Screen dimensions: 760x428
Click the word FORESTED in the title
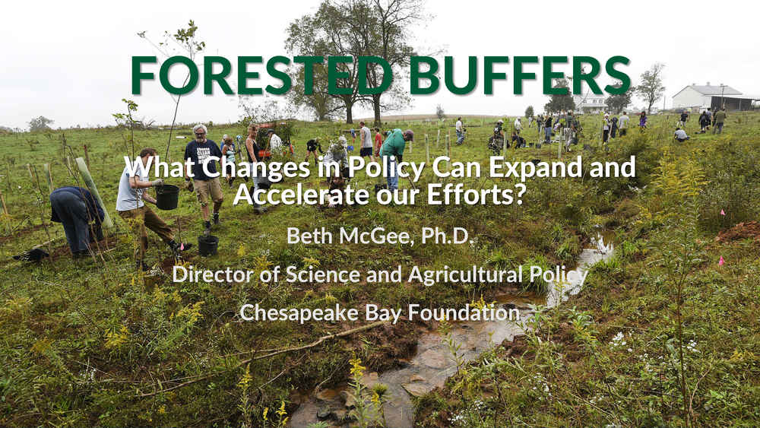tap(262, 75)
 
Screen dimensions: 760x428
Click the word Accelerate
tap(300, 194)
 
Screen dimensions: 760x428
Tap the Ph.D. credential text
tap(446, 236)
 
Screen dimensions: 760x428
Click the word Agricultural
tap(465, 275)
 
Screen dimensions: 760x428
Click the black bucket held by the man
tap(167, 197)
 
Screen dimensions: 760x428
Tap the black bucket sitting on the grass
tap(208, 246)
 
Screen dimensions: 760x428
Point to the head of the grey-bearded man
tap(200, 131)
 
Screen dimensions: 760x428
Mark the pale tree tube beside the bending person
tap(95, 192)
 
